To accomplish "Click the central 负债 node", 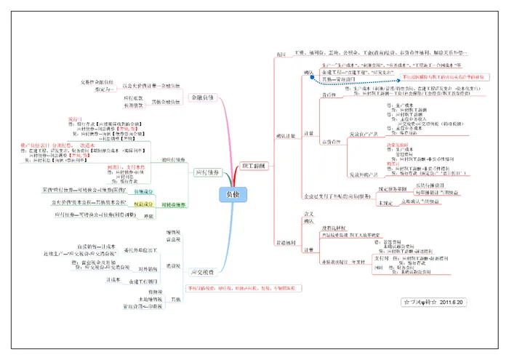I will click(x=231, y=194).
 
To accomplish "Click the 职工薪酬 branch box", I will click(x=253, y=166).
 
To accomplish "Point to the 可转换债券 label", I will click(x=173, y=205).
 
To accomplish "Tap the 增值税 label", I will click(x=174, y=231).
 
